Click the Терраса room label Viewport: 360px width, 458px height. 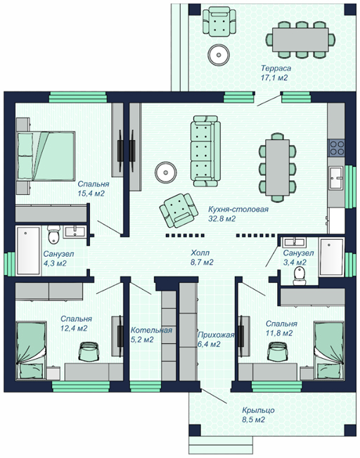pos(276,68)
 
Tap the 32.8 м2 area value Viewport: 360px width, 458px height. pos(221,219)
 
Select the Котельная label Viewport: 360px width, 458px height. pos(151,331)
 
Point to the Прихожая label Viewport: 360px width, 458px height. pos(216,335)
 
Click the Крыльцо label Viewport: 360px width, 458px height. pos(258,410)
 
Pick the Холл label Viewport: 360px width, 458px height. pos(200,253)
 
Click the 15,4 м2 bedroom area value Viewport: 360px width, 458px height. pos(91,193)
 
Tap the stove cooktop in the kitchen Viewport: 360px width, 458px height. pos(337,148)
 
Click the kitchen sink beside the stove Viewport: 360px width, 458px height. pos(337,177)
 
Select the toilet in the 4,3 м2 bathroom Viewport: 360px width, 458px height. pos(53,234)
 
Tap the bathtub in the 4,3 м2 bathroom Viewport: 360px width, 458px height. pos(28,250)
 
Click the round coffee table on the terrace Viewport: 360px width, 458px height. pos(219,54)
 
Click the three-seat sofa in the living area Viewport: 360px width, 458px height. pos(205,151)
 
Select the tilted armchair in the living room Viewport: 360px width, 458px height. pos(179,210)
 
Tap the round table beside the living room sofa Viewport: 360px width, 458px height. pos(166,172)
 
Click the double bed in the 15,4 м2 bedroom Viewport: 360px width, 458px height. pos(46,156)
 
